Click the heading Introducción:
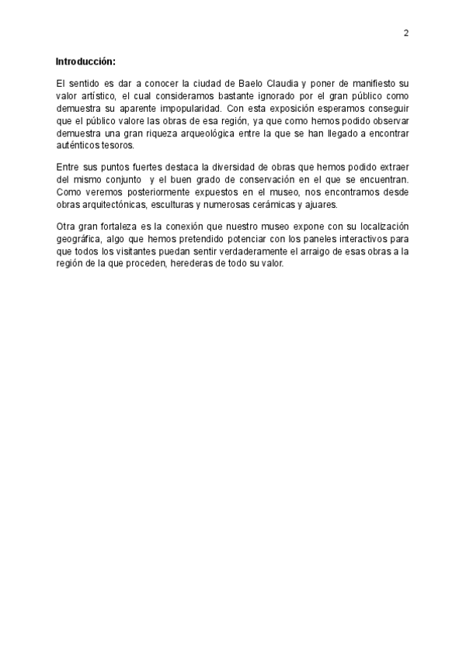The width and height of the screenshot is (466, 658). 85,61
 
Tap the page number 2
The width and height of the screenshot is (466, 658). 405,33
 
